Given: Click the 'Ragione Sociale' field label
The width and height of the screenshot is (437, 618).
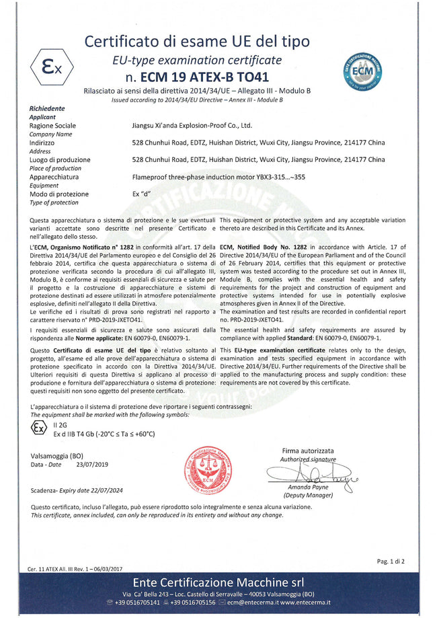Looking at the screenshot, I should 52,125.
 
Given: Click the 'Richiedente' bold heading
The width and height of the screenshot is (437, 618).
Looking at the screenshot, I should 47,108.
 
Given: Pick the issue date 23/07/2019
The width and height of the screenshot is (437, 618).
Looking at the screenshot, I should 91,464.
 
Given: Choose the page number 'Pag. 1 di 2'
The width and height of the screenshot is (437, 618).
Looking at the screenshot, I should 391,560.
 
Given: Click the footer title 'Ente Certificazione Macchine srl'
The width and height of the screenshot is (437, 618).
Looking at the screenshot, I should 218,582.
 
